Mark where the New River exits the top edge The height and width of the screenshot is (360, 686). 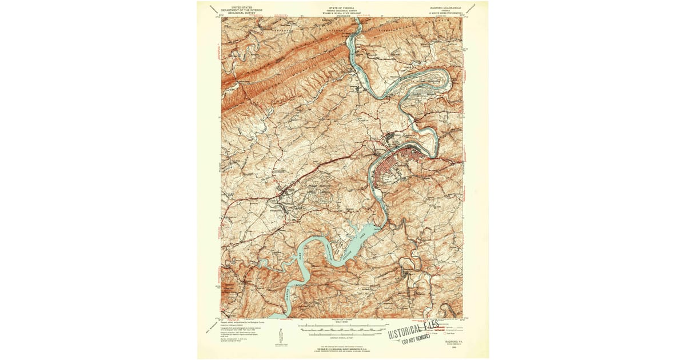[357, 20]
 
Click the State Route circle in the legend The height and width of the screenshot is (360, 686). [438, 333]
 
